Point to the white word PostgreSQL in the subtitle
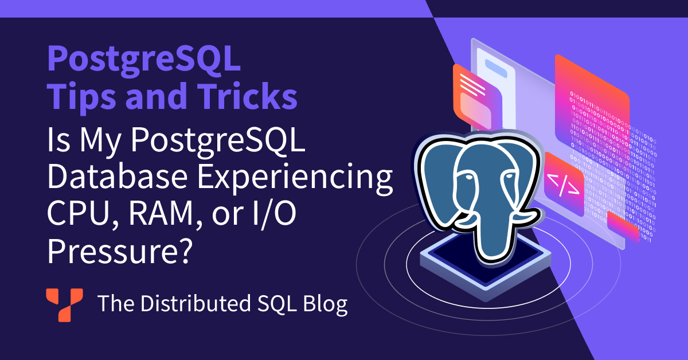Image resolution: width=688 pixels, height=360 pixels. click(x=218, y=140)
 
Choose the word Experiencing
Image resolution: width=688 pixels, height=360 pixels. click(x=295, y=178)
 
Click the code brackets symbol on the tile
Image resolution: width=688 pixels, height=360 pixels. click(x=563, y=185)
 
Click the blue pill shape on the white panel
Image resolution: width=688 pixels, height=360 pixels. click(x=496, y=68)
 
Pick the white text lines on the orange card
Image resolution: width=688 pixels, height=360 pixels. click(x=472, y=85)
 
